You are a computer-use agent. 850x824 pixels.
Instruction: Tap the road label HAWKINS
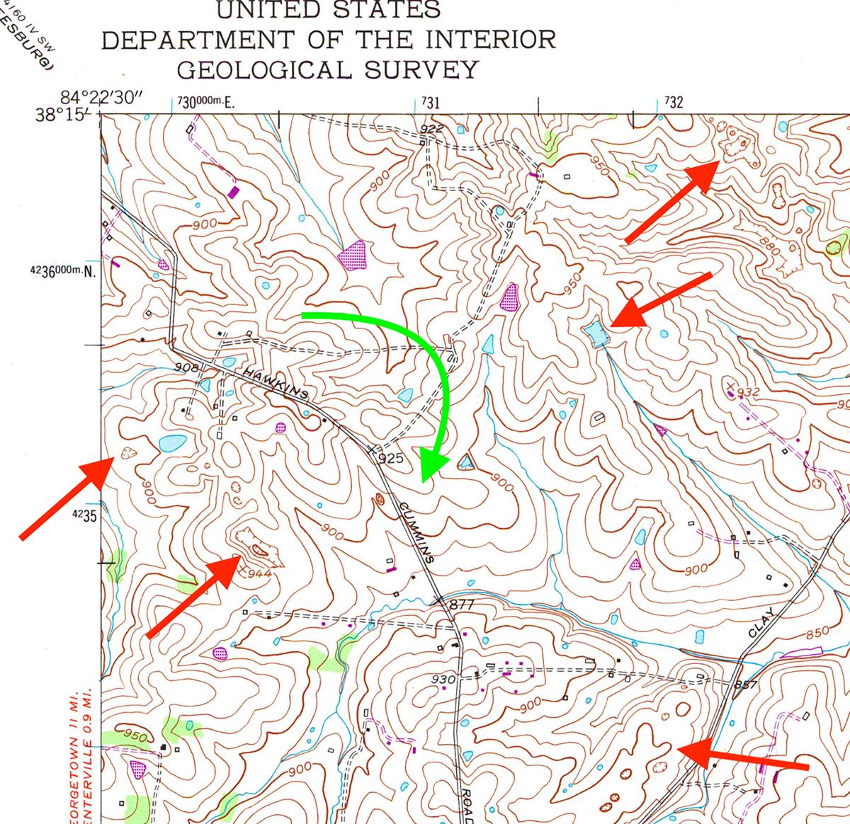[276, 382]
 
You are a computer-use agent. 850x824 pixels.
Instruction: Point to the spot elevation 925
[390, 459]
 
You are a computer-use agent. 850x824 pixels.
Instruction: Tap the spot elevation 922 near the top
[431, 129]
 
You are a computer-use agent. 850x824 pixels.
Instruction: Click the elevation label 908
[186, 367]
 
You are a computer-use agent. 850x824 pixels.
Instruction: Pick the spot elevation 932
[749, 392]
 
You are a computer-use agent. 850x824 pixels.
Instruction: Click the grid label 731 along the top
[430, 103]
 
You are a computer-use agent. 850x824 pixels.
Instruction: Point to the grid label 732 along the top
[674, 103]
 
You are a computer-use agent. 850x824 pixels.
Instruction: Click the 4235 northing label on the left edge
[84, 517]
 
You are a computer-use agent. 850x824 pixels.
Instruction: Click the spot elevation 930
[443, 680]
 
